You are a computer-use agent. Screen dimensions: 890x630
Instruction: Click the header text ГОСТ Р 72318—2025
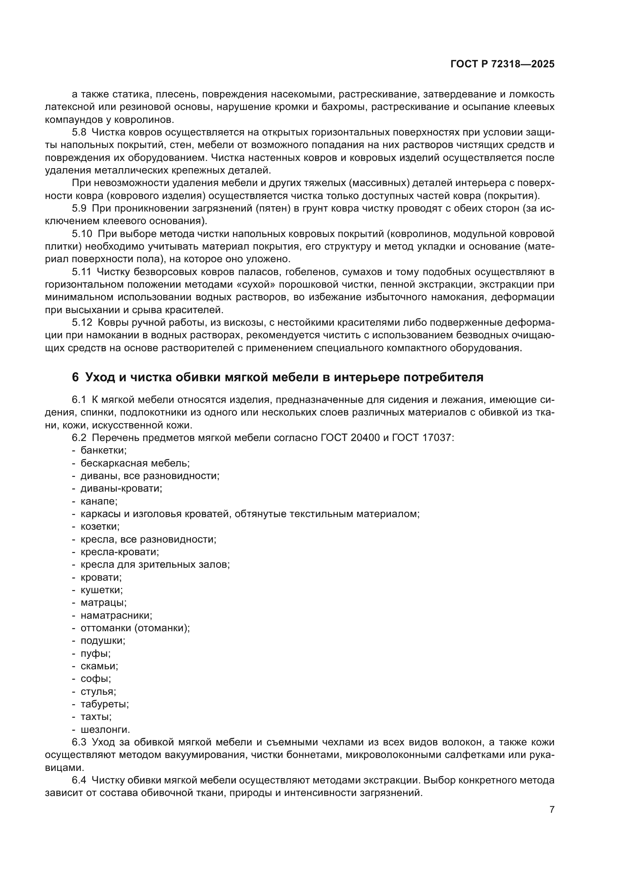pyautogui.click(x=502, y=64)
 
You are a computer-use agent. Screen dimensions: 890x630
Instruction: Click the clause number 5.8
pyautogui.click(x=79, y=132)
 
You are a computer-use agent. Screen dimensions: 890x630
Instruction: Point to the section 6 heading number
pyautogui.click(x=75, y=377)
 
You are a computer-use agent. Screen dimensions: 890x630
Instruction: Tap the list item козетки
pyautogui.click(x=100, y=526)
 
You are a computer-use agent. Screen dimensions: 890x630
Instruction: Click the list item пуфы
pyautogui.click(x=96, y=654)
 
